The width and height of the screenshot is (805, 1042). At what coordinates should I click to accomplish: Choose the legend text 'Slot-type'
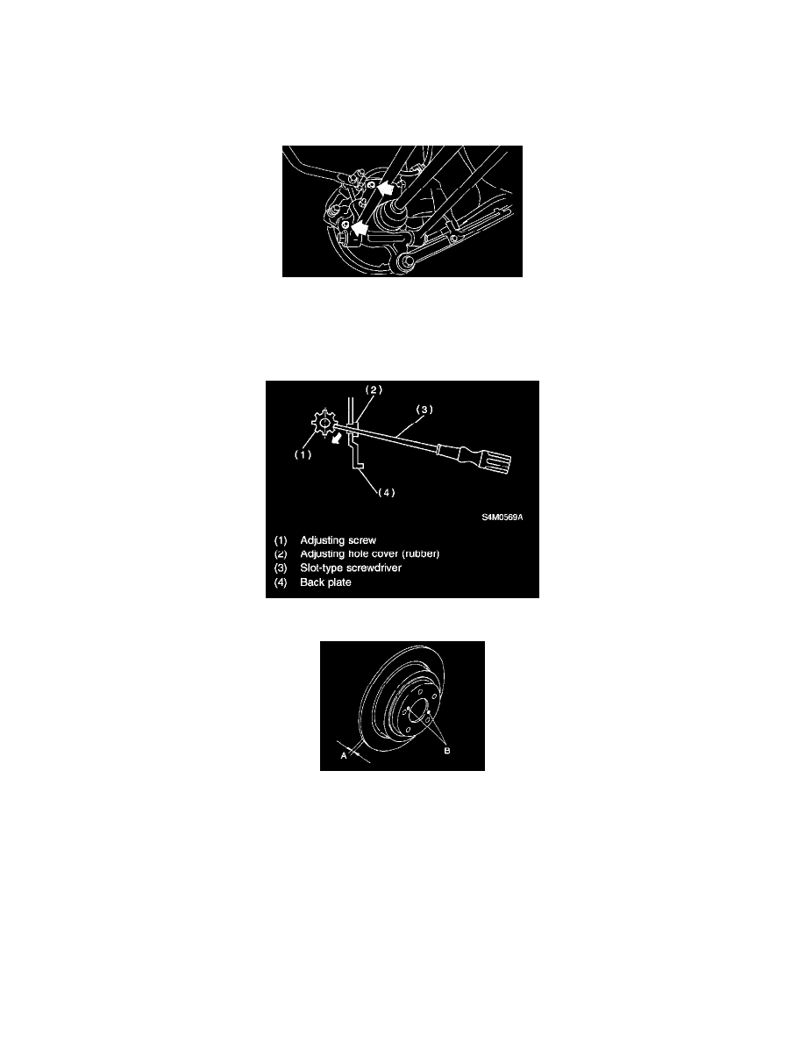click(322, 568)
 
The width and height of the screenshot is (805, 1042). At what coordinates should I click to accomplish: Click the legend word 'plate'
click(337, 582)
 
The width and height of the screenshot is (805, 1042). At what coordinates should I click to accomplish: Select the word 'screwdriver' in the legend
click(376, 568)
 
